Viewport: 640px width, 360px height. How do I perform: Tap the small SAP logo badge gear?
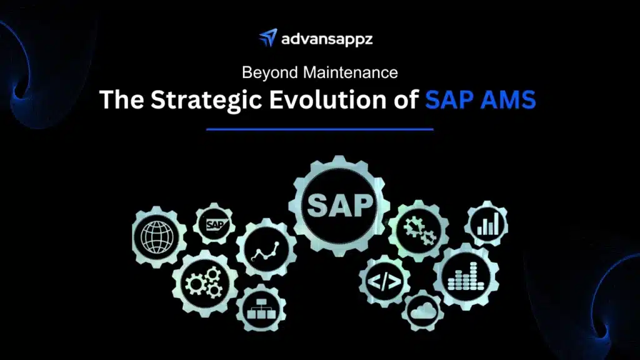coord(215,224)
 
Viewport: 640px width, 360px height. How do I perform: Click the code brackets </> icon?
coord(384,282)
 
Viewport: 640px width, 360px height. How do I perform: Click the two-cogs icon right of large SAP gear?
coord(417,231)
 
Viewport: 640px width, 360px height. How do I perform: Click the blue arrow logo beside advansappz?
coord(267,39)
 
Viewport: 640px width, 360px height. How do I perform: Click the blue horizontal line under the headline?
coord(319,129)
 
